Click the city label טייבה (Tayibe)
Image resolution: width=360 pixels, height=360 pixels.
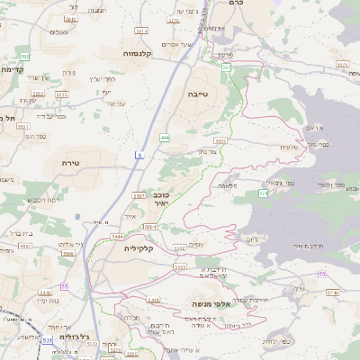196,93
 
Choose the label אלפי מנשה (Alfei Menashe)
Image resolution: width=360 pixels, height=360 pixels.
211,305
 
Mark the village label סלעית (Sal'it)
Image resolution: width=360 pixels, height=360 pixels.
289,147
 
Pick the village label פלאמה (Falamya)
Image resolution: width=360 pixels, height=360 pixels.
226,184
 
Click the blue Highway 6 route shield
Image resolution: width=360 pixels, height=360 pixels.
139,156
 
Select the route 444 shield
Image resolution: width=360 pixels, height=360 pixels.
165,137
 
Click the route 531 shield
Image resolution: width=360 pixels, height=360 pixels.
46,341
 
